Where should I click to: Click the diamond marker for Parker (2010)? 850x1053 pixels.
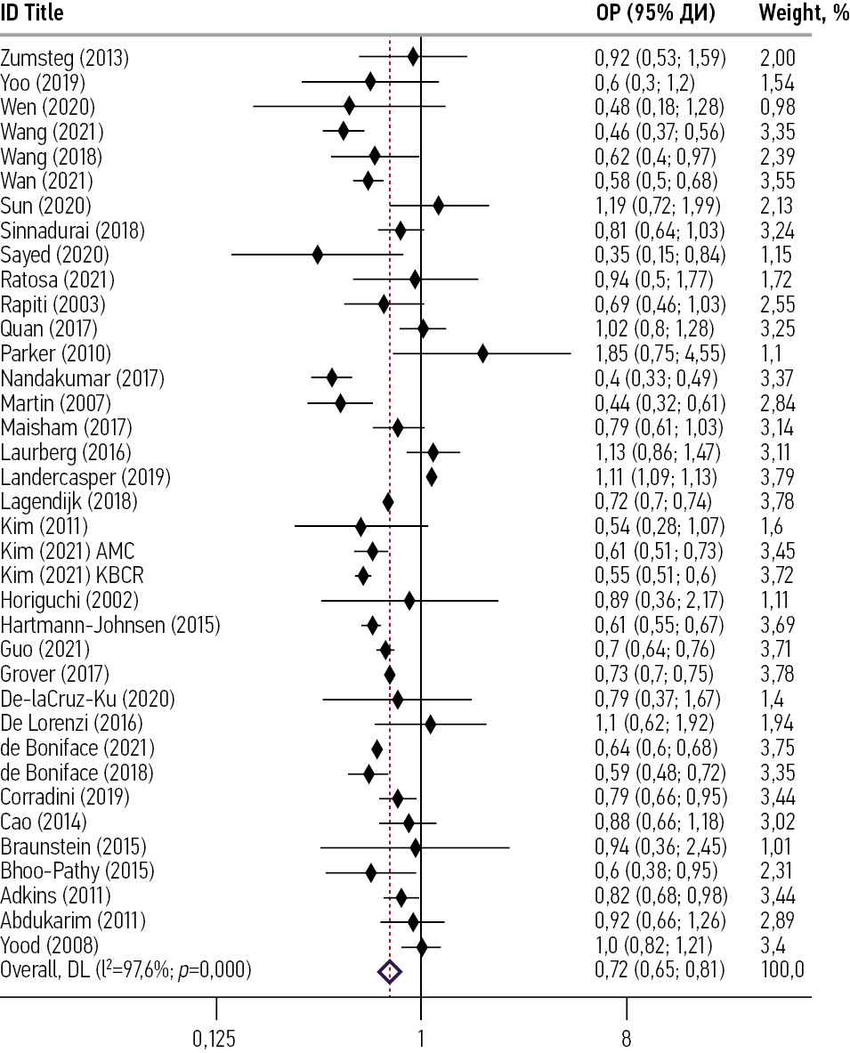482,354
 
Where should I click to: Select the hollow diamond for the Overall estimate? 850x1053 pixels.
390,970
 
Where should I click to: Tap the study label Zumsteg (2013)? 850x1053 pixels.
65,60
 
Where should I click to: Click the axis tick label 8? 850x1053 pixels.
626,1037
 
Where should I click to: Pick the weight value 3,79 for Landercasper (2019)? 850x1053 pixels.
777,477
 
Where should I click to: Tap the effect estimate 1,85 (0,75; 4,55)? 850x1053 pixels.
660,354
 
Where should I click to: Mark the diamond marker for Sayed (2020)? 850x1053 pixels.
318,256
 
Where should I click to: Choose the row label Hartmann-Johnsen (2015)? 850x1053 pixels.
110,625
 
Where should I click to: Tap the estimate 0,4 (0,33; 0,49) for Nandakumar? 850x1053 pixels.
656,379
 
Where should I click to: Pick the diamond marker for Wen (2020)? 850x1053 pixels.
349,109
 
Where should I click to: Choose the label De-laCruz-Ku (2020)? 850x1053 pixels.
88,699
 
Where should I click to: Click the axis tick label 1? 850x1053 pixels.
421,1037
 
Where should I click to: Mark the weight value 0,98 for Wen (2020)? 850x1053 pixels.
777,109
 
